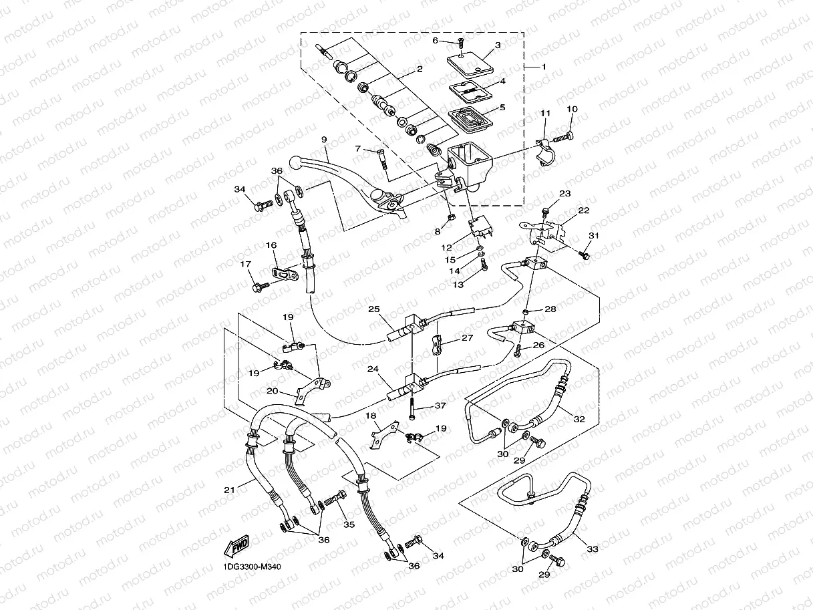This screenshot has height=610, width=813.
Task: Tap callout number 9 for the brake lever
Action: point(323,140)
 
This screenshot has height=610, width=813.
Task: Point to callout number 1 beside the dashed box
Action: point(543,67)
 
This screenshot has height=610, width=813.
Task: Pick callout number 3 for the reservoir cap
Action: point(497,45)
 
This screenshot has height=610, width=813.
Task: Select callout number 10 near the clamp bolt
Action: point(572,110)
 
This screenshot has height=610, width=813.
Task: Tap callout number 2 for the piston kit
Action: point(420,69)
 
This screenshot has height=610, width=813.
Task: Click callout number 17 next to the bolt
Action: point(245,264)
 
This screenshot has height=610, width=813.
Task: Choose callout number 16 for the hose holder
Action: point(272,246)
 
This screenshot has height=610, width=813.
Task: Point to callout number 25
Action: point(373,309)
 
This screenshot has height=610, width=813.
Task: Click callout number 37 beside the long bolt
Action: point(440,406)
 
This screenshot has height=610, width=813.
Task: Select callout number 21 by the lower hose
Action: point(230,490)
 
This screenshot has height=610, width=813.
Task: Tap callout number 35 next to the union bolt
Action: point(348,524)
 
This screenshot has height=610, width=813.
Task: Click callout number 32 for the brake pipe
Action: point(579,420)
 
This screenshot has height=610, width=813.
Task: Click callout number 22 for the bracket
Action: point(584,210)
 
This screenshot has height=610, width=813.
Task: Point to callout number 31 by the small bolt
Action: point(594,235)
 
